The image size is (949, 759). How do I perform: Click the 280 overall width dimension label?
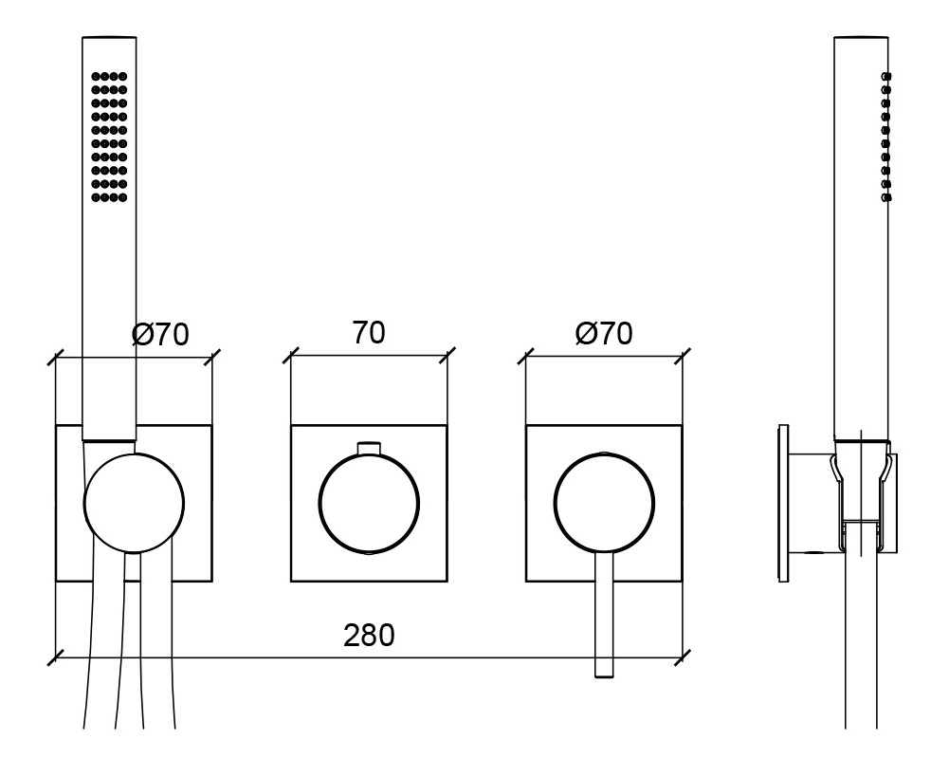coord(369,636)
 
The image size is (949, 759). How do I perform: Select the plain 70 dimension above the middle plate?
coord(369,333)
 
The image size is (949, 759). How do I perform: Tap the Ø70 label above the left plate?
coord(160,334)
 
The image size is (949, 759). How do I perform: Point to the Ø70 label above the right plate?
coord(604,333)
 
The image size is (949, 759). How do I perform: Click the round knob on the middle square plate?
coord(369,504)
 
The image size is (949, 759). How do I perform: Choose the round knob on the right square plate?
coord(604,504)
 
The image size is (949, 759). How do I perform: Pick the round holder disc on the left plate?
coord(134,504)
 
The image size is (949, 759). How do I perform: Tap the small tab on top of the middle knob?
coord(369,448)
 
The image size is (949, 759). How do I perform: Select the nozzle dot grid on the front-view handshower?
coord(109,137)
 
